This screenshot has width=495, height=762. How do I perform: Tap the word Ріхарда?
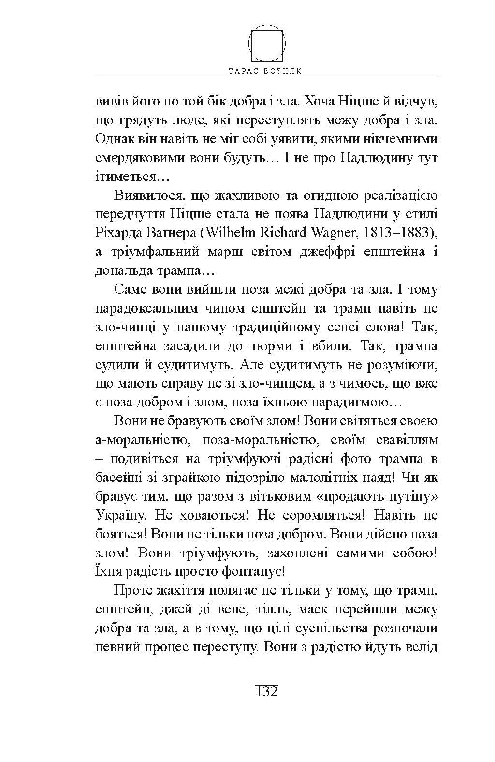pyautogui.click(x=119, y=233)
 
